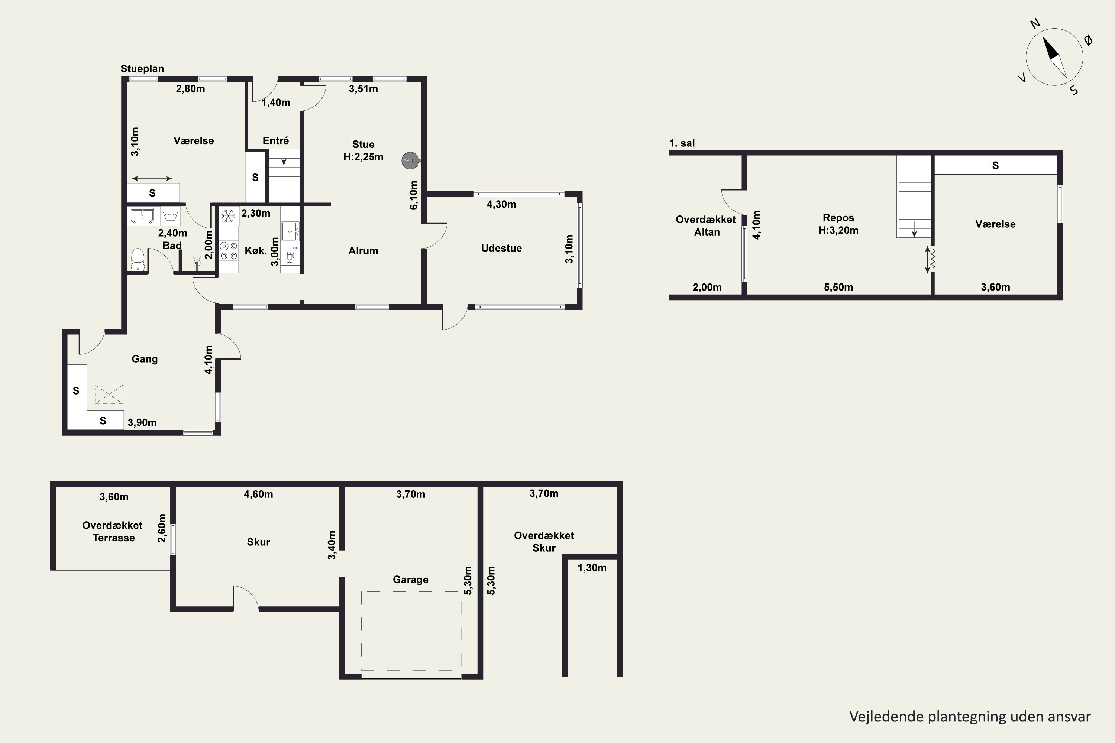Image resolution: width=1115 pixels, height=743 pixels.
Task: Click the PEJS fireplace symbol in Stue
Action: tap(411, 160)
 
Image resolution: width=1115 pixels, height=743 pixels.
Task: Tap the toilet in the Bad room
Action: tap(138, 259)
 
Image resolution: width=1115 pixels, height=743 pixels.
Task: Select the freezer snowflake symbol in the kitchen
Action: tap(229, 216)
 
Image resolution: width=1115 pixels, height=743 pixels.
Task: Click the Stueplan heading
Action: tap(142, 69)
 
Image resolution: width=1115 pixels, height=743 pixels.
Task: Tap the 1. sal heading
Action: tap(682, 143)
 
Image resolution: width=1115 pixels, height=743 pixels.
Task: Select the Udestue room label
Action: tap(501, 248)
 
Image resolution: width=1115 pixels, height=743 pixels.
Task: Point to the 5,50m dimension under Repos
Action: tap(838, 287)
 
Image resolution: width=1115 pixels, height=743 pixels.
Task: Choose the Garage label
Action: tap(411, 580)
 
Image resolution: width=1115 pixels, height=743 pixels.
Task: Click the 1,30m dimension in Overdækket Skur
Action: tap(592, 568)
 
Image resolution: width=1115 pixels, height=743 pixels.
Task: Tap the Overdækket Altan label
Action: tap(706, 226)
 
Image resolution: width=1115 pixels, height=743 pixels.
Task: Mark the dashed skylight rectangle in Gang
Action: tap(109, 394)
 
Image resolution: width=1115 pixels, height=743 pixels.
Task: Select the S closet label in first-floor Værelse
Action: tap(996, 165)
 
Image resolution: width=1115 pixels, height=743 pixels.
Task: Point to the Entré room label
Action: tap(275, 141)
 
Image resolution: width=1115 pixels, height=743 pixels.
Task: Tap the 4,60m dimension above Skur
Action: tap(258, 494)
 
